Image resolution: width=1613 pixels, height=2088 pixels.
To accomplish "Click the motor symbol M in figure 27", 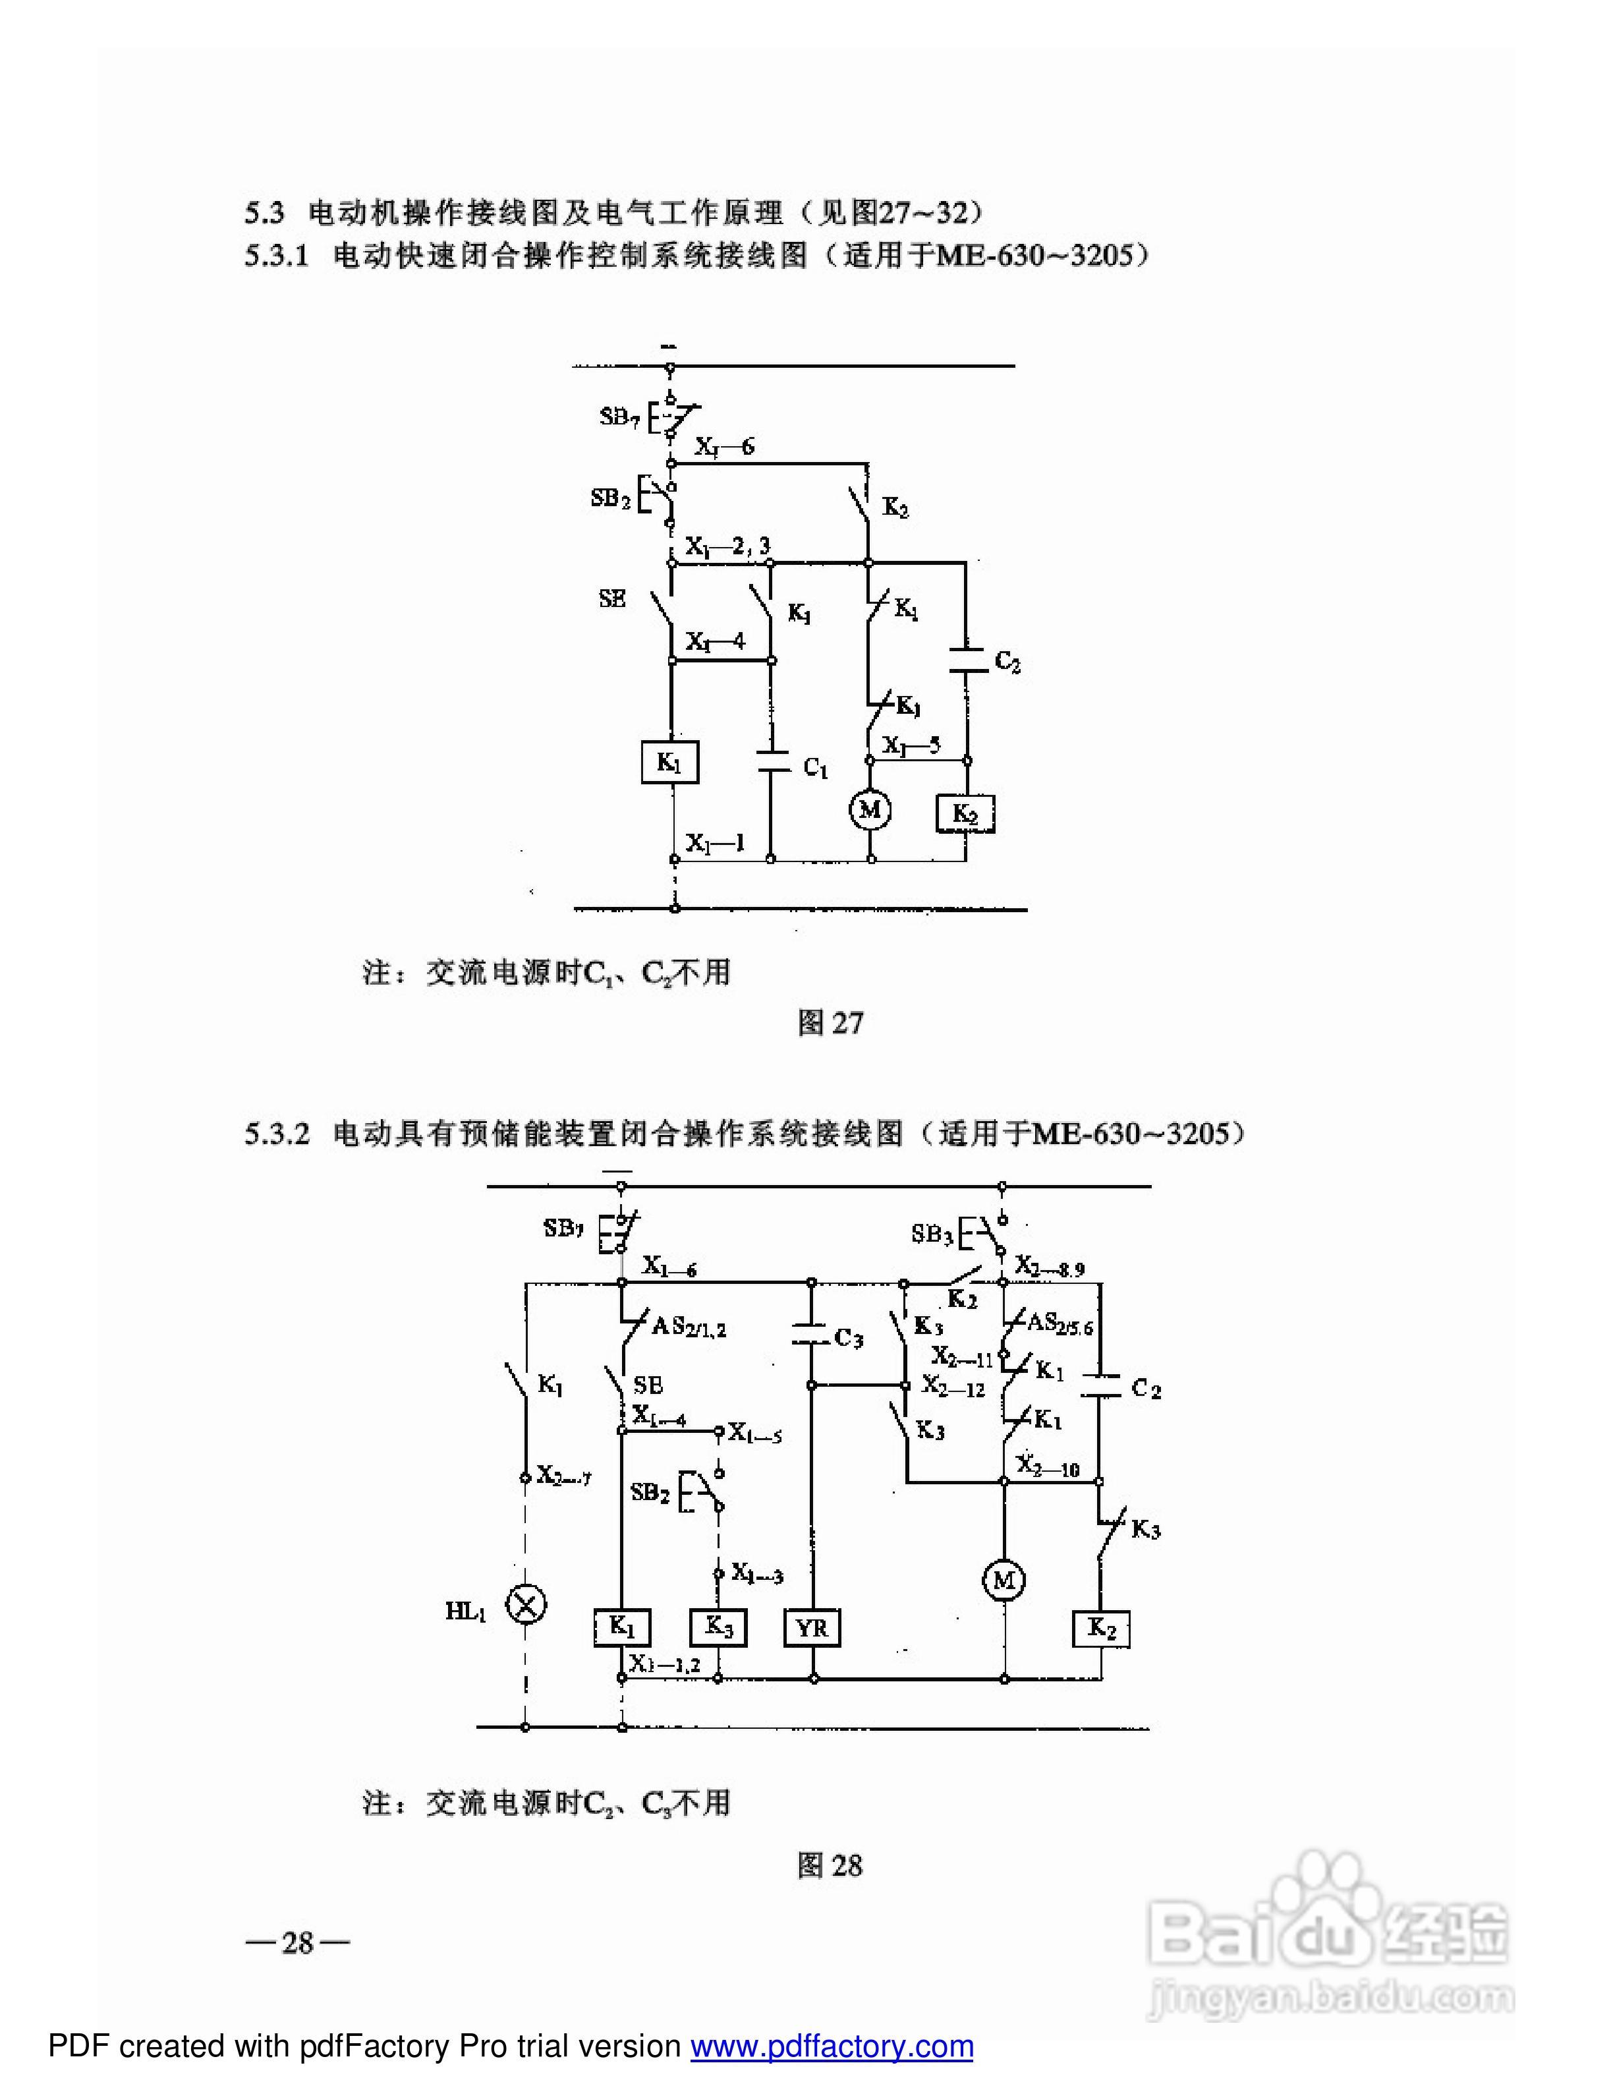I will (x=870, y=811).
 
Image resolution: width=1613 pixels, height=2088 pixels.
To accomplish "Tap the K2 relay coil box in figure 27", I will (x=965, y=813).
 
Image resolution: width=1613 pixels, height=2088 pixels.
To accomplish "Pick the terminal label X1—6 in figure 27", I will (x=723, y=446).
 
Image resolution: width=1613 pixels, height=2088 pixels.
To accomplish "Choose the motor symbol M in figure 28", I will (x=1004, y=1581).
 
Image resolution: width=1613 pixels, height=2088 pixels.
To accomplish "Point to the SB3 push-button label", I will (x=932, y=1234).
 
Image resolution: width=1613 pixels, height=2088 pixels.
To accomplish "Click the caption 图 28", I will (x=830, y=1865).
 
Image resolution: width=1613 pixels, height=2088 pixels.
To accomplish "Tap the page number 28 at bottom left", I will (x=297, y=1942).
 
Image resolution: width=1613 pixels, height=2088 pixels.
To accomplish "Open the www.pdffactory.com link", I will (x=832, y=2046).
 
